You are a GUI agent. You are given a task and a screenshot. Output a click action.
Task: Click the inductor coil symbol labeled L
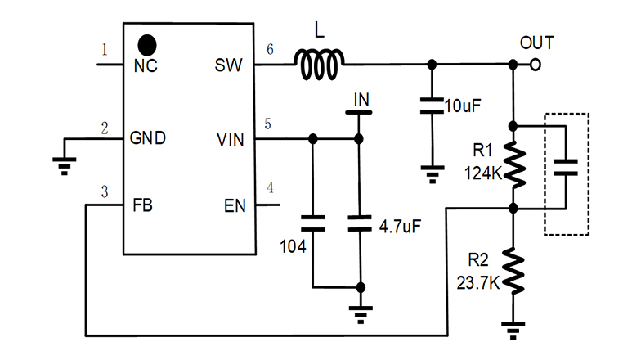tap(320, 65)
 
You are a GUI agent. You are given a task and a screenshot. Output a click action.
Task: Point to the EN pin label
tap(234, 205)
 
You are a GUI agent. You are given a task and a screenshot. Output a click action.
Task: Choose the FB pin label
tap(144, 205)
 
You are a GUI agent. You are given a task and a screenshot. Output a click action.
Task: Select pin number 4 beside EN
tap(271, 188)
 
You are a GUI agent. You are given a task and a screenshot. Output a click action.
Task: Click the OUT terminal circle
tap(536, 65)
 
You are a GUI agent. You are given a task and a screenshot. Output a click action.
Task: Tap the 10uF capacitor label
tap(464, 106)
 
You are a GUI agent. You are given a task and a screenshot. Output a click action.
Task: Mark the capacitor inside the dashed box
tap(564, 168)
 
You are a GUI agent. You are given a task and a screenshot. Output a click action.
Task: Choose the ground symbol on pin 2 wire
tap(63, 167)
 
